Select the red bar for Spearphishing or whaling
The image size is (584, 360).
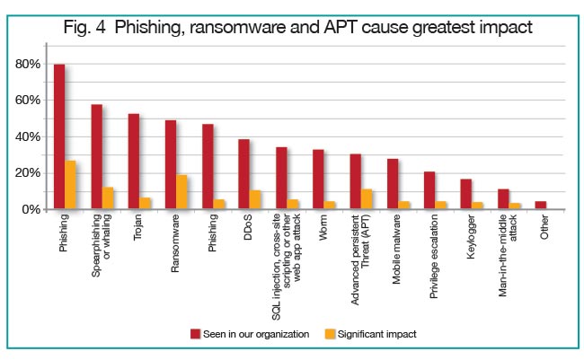pos(96,157)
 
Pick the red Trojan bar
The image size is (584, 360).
pos(133,162)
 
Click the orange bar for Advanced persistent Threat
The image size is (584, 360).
pos(367,199)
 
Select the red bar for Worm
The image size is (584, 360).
pos(318,180)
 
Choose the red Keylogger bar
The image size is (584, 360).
pos(465,194)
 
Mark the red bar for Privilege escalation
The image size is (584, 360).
pos(428,190)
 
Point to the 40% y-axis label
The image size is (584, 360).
pos(28,137)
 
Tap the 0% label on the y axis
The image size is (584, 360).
pos(31,209)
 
